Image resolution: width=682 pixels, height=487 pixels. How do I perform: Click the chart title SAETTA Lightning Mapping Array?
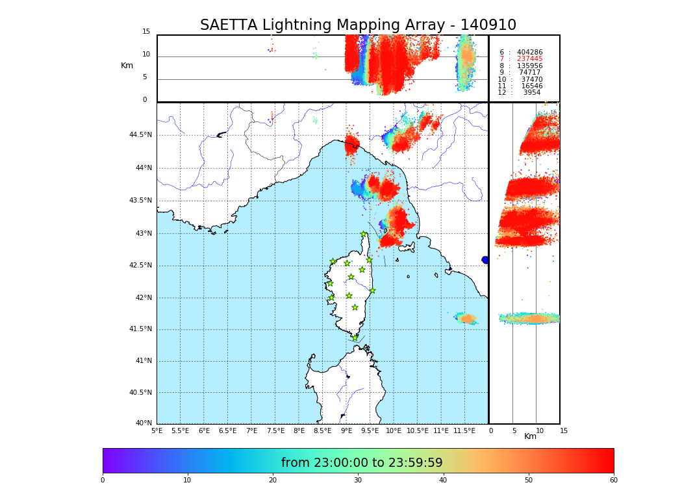(358, 25)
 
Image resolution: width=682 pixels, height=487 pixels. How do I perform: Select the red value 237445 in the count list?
(529, 59)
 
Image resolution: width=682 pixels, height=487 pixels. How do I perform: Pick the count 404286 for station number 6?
(529, 53)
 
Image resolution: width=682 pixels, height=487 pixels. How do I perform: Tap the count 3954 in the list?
(531, 93)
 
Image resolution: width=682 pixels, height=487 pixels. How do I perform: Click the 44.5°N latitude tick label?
(140, 135)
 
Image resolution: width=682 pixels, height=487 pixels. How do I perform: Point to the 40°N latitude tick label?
(144, 423)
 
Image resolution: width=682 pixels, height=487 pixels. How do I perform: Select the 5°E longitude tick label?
(157, 431)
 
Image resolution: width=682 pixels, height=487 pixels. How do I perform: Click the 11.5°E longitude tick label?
(464, 431)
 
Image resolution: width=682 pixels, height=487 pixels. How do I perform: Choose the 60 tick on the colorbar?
(613, 481)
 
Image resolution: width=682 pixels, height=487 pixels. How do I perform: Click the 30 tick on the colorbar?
(358, 481)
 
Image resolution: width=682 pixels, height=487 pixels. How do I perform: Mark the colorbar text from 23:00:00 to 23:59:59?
(362, 463)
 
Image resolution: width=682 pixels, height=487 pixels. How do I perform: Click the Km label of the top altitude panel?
(127, 66)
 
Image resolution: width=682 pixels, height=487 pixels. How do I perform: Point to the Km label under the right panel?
(530, 436)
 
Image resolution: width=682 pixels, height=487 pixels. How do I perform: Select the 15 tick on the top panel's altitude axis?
(146, 32)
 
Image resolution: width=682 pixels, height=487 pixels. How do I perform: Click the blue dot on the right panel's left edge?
(485, 260)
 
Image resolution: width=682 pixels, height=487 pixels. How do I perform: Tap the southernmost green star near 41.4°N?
(355, 338)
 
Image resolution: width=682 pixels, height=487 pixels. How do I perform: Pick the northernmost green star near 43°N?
(364, 234)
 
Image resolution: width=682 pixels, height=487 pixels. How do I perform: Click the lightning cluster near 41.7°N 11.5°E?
(466, 318)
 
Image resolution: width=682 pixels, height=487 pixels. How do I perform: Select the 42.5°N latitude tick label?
(140, 265)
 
